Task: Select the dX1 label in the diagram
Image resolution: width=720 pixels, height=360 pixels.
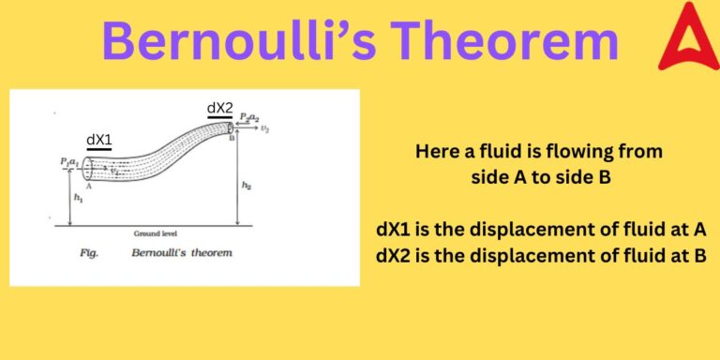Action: click(98, 140)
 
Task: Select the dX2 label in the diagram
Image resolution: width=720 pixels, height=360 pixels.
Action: click(219, 108)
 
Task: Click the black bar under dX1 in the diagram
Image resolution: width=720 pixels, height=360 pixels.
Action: click(98, 150)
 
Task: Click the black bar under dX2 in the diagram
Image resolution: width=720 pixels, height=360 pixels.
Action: click(219, 118)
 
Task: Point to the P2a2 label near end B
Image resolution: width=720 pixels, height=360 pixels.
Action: click(248, 117)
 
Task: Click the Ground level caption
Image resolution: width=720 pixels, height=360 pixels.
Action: click(156, 233)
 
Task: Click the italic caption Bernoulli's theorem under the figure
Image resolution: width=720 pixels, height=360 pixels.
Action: click(182, 253)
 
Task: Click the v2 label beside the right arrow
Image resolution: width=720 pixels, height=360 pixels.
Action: click(265, 129)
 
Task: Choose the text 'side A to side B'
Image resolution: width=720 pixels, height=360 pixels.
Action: click(541, 175)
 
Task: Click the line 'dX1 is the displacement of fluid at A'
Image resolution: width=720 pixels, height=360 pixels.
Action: click(541, 231)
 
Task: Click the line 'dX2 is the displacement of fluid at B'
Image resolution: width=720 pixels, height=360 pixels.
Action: click(541, 255)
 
